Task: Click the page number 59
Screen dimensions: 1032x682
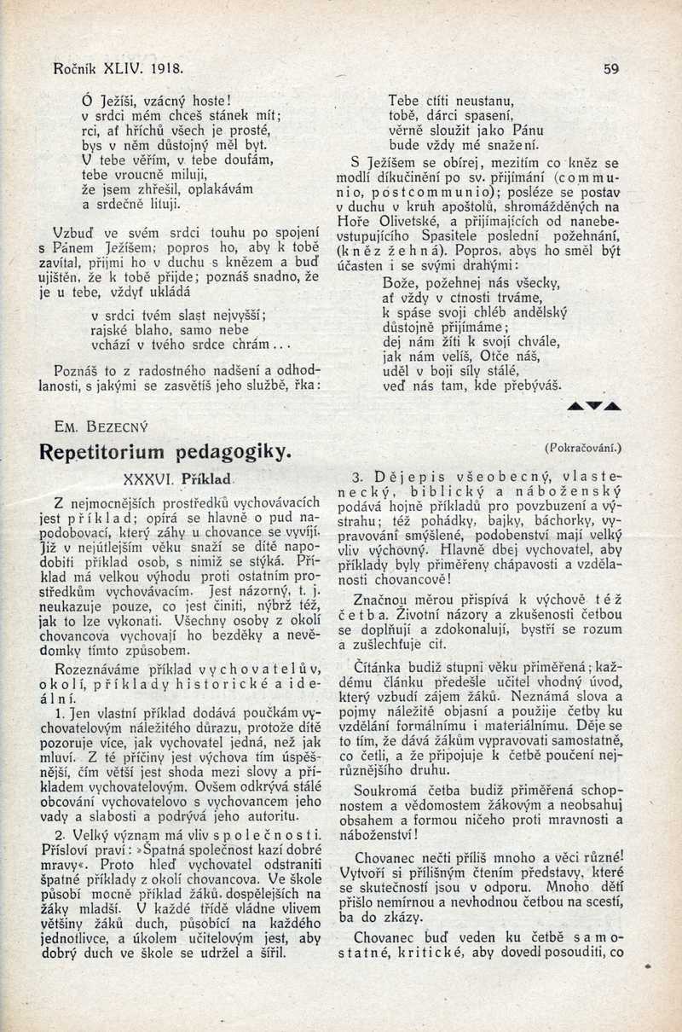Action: pyautogui.click(x=610, y=69)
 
